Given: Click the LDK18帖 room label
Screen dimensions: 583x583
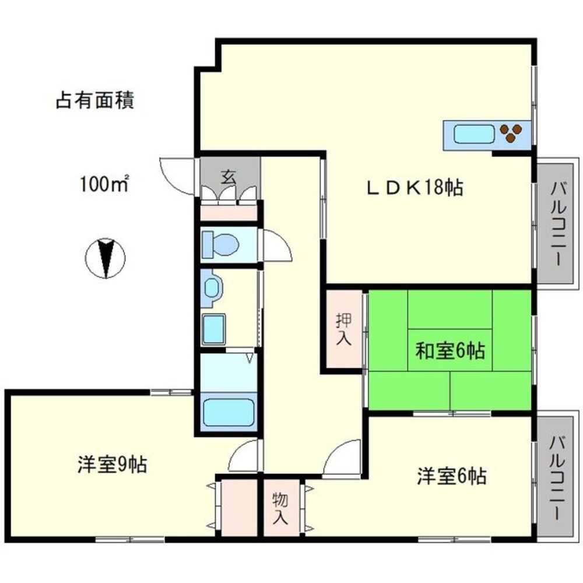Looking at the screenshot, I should pyautogui.click(x=415, y=188).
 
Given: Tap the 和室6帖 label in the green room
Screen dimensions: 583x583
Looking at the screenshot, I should pyautogui.click(x=449, y=351).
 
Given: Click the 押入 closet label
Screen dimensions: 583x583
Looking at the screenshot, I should pyautogui.click(x=344, y=330).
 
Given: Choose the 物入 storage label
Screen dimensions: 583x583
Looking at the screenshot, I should pyautogui.click(x=280, y=507).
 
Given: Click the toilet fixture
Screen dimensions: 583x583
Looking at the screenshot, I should pyautogui.click(x=220, y=243).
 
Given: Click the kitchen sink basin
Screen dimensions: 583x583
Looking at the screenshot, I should pyautogui.click(x=472, y=135).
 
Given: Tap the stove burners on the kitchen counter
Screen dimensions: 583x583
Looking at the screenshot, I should pyautogui.click(x=511, y=134).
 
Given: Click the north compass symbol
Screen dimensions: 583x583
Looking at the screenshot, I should pyautogui.click(x=106, y=258).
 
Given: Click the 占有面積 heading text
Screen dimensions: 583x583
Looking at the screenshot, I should pyautogui.click(x=95, y=100).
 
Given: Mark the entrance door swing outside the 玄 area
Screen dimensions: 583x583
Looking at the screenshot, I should pyautogui.click(x=176, y=175).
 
